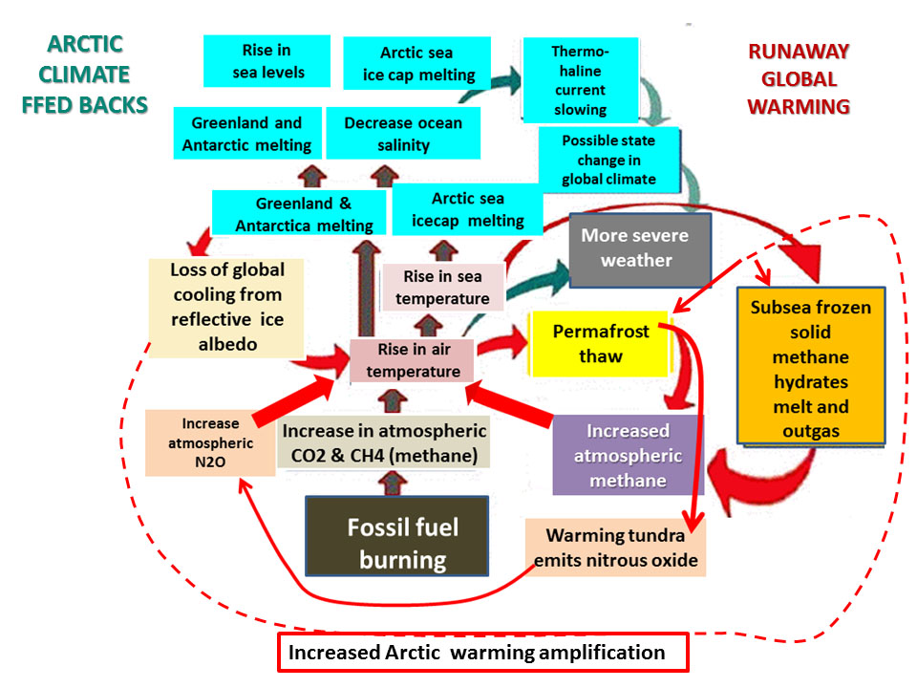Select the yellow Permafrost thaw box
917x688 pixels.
(601, 344)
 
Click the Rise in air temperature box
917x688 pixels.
(412, 361)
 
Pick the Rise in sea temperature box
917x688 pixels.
(442, 288)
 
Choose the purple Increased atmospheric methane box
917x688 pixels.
(627, 455)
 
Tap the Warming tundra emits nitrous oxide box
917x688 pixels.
(615, 548)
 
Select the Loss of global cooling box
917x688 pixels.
(226, 306)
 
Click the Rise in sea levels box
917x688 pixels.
(266, 60)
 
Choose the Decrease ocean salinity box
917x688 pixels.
(402, 135)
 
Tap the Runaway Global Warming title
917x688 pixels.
(798, 78)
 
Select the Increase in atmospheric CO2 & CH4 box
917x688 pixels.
(383, 442)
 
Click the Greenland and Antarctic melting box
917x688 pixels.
(245, 134)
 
